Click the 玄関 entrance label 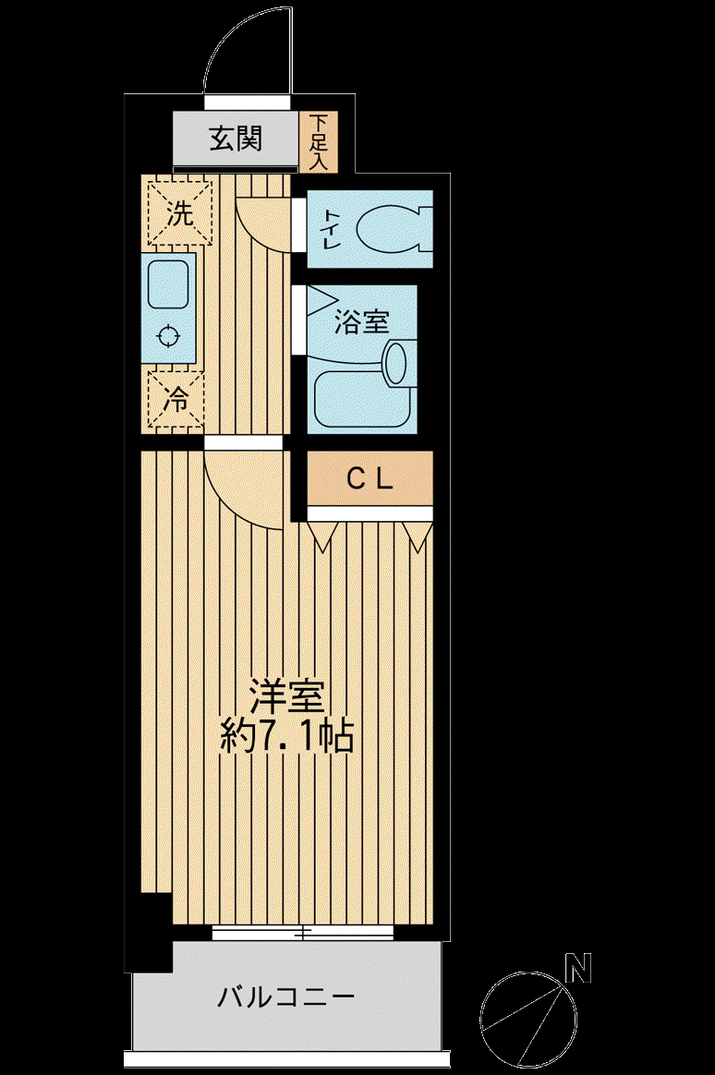coord(236,139)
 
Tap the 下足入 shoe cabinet coord(319,142)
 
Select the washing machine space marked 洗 coord(179,211)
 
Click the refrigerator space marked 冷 coord(176,399)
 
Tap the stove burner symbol coord(168,336)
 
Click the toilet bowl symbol coord(394,228)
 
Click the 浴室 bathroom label coord(361,321)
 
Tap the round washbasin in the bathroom coord(396,361)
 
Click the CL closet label coord(370,478)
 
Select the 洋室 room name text coord(286,698)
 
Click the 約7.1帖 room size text coord(286,737)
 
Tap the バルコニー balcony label coord(285,996)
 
